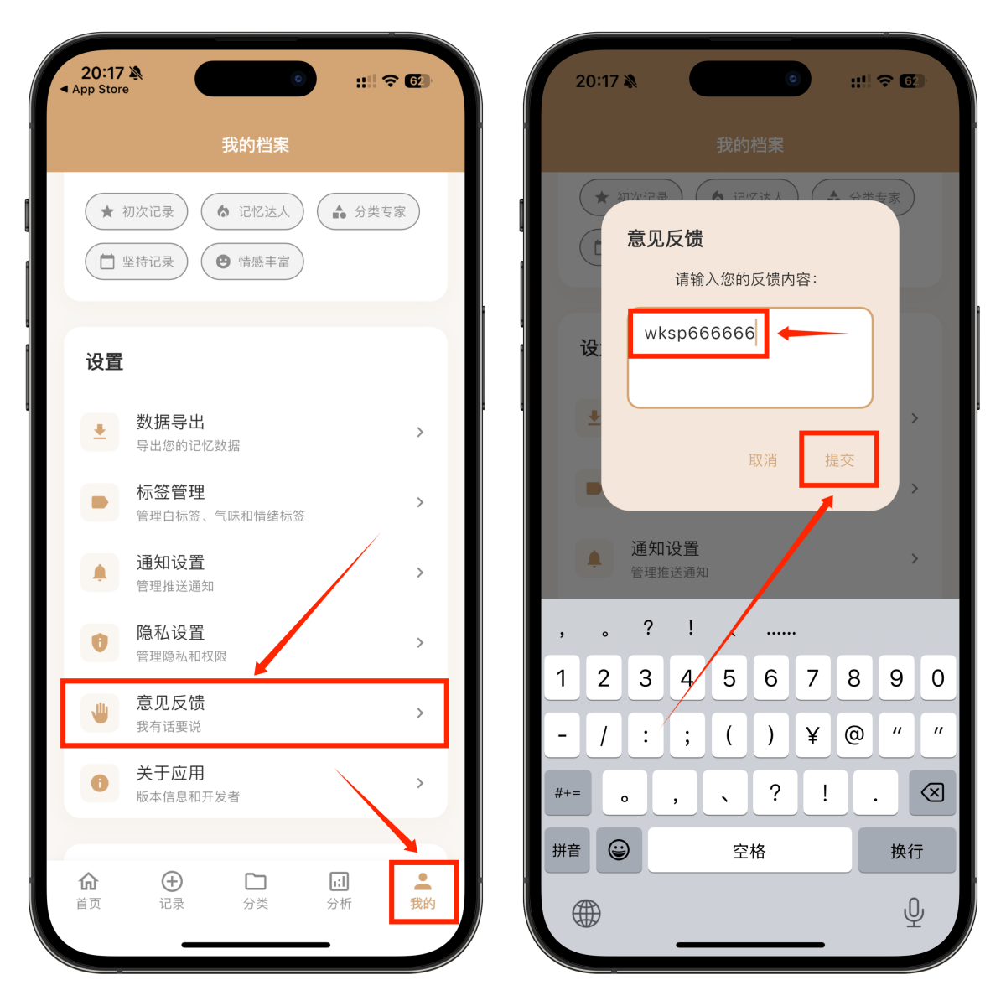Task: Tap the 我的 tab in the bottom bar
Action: (423, 890)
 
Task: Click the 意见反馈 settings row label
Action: (171, 703)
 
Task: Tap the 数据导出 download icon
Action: (100, 432)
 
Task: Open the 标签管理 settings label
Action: (171, 492)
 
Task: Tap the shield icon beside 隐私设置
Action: (100, 643)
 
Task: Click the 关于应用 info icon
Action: (100, 783)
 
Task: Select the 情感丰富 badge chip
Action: (252, 262)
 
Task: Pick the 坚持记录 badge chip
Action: (137, 262)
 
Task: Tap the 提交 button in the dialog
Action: (839, 460)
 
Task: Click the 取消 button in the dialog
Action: (763, 460)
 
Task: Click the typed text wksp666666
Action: (699, 333)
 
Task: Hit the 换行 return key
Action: (906, 851)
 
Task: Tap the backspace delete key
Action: (931, 792)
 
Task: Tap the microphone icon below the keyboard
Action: (914, 912)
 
